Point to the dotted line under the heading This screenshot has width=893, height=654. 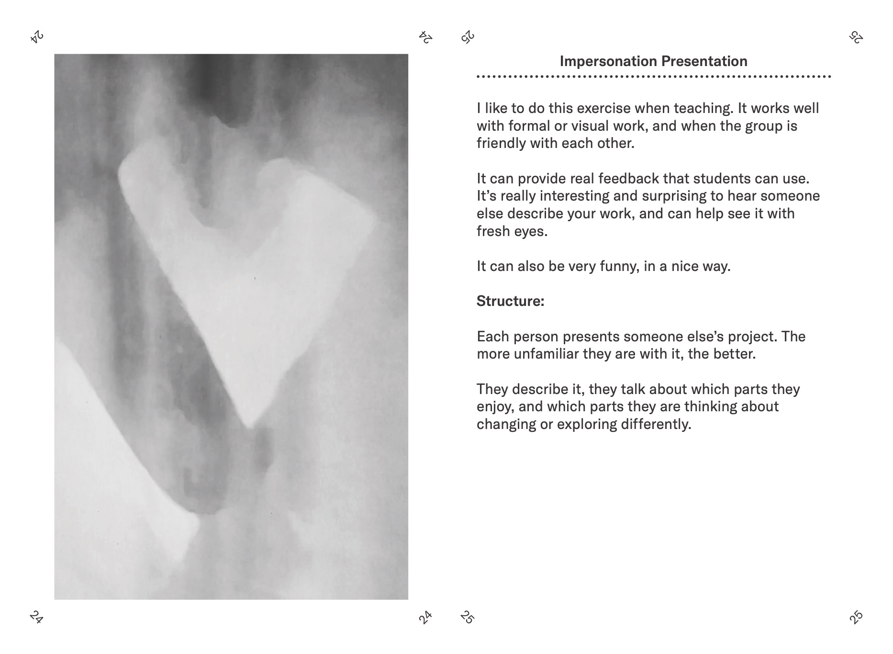[x=654, y=77]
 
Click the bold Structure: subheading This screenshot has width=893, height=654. [x=510, y=301]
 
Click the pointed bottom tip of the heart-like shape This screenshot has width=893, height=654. [x=249, y=426]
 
